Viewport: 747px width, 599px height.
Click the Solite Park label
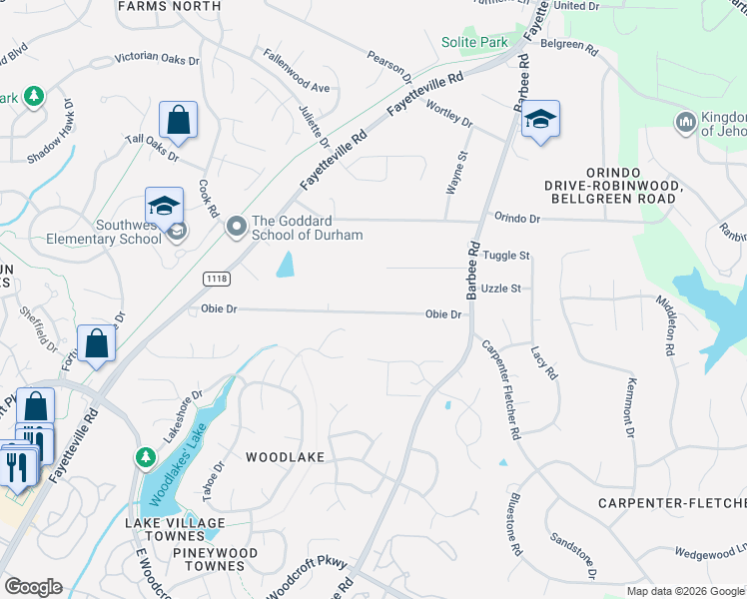(x=474, y=42)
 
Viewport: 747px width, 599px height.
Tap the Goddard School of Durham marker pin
(x=237, y=227)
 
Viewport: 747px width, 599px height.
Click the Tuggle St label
(x=505, y=256)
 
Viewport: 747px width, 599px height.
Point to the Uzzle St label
(x=501, y=289)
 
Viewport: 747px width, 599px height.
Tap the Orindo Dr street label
(x=516, y=218)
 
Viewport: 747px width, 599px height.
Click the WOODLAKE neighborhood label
(x=286, y=456)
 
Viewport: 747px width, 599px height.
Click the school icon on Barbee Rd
(x=540, y=120)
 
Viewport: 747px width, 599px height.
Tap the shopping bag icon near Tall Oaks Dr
(x=178, y=120)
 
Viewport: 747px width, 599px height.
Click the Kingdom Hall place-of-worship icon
(x=685, y=123)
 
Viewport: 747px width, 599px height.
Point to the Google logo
(x=33, y=586)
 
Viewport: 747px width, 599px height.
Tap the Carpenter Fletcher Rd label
(x=501, y=389)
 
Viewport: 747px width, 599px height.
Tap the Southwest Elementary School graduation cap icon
(x=164, y=207)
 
